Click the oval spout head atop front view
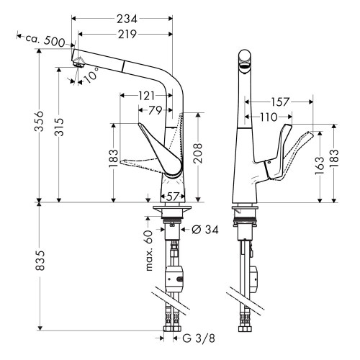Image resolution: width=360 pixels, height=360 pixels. pyautogui.click(x=243, y=60)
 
